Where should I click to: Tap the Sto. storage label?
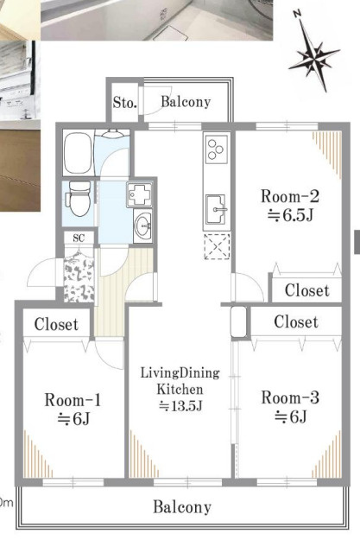tap(125, 102)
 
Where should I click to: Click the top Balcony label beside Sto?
tap(186, 102)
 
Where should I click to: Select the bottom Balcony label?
tap(182, 507)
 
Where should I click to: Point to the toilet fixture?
tap(79, 199)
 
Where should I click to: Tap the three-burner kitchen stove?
tap(217, 149)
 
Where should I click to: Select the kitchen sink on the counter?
tap(217, 209)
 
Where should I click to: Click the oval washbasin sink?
tap(143, 226)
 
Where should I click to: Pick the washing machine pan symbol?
tap(139, 194)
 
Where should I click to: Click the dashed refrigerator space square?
tap(217, 246)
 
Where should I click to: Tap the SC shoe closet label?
tap(79, 238)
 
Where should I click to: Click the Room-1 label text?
tap(73, 401)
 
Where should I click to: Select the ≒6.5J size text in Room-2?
tap(290, 216)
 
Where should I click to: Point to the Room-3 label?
tap(290, 397)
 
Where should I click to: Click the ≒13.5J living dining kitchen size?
tap(180, 406)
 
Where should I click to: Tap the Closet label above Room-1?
tap(56, 324)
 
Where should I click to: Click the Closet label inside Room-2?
tap(307, 290)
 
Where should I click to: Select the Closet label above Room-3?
tap(296, 322)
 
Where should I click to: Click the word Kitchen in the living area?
tap(180, 390)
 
